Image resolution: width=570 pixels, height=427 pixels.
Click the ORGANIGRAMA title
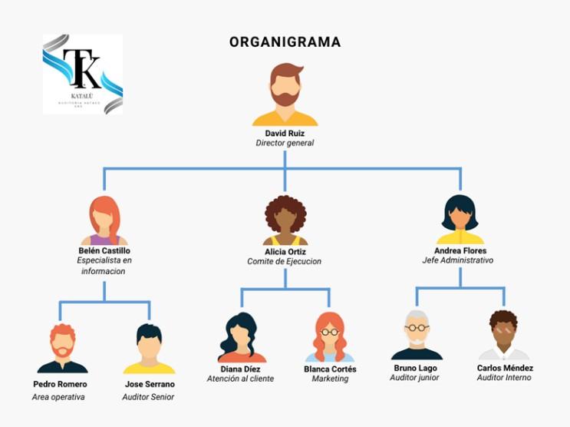tap(285, 42)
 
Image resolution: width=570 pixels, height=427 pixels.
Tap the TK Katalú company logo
tap(82, 74)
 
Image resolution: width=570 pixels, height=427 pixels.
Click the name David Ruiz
tap(285, 133)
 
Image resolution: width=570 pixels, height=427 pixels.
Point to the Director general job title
tap(285, 143)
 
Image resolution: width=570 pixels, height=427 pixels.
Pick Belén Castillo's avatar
tap(104, 220)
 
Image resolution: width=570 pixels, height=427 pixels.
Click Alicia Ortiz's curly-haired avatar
tap(285, 220)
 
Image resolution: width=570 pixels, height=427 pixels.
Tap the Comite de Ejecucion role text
tap(285, 261)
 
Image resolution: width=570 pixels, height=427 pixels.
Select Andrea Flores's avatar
tap(460, 220)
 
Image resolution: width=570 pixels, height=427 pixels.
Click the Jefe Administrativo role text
tap(458, 260)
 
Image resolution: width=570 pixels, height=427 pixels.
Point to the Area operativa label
tap(58, 397)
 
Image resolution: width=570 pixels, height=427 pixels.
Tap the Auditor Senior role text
tap(148, 397)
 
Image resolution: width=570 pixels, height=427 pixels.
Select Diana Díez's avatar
tap(241, 337)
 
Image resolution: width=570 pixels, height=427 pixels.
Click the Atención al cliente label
tap(240, 379)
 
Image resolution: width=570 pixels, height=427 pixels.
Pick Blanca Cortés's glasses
tap(330, 332)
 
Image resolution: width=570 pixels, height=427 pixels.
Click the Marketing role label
tap(330, 379)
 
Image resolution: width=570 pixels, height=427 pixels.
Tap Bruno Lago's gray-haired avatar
tap(417, 335)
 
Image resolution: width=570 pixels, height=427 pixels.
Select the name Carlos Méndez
tap(505, 368)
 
